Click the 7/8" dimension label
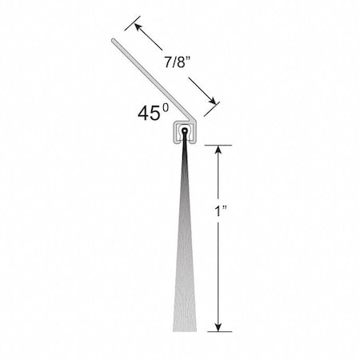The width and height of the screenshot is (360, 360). click(x=178, y=62)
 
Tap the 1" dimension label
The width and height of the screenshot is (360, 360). click(x=220, y=211)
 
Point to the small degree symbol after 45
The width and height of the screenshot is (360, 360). click(x=166, y=108)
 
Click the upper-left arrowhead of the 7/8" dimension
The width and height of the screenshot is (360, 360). click(x=138, y=27)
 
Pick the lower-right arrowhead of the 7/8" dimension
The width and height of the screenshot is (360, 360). click(x=212, y=100)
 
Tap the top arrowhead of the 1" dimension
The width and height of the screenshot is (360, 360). click(x=218, y=150)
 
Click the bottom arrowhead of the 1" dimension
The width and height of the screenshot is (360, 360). click(x=218, y=327)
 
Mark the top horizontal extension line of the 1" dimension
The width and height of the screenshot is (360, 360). click(x=218, y=146)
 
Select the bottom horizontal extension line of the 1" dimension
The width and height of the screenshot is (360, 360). click(x=220, y=332)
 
